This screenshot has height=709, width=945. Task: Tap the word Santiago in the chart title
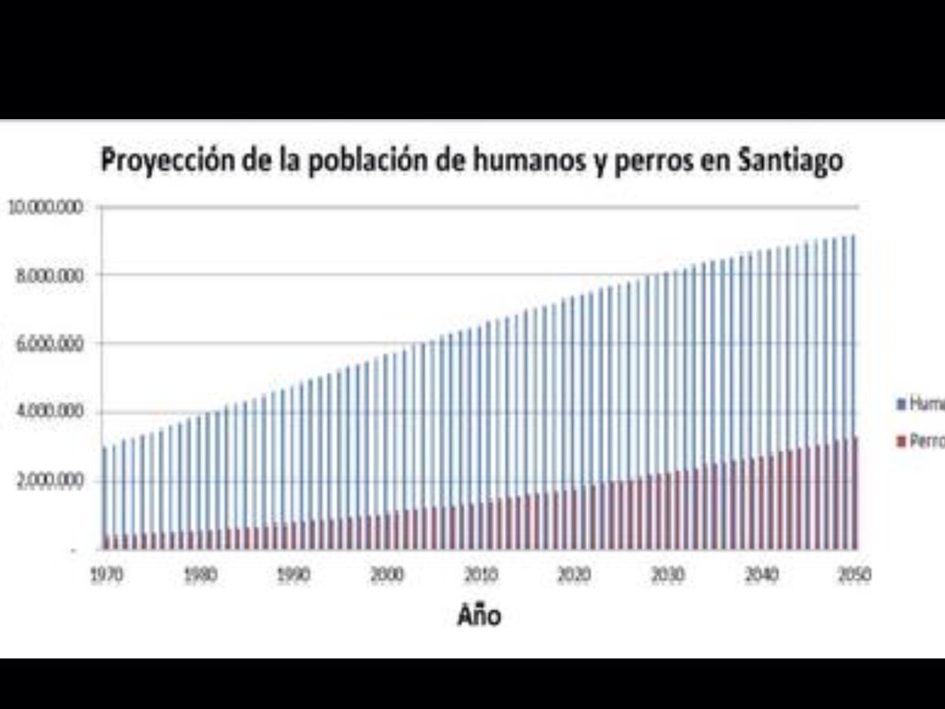point(791,160)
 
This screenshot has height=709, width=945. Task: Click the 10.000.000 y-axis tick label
point(45,206)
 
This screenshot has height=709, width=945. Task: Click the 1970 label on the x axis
point(106,574)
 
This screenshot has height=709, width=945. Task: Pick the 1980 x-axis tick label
point(199,574)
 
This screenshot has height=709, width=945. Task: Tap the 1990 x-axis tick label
point(293,574)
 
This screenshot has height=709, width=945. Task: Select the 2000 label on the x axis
point(387,574)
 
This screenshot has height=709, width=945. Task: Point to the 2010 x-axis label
point(481,574)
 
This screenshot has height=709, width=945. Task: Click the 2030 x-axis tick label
point(667,574)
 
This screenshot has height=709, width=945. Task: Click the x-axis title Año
point(479,615)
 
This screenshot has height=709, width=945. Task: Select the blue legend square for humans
point(902,404)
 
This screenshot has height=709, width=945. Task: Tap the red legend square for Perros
point(902,442)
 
